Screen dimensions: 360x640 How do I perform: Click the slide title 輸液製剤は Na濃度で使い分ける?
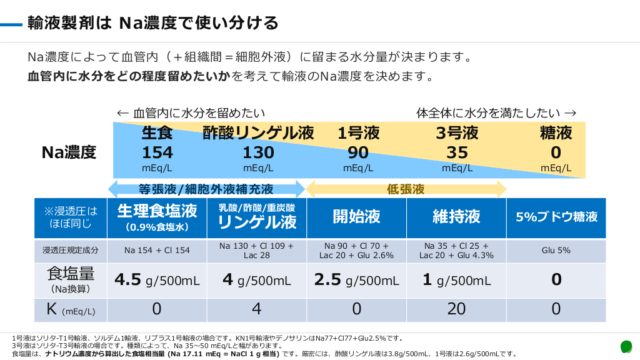click(153, 24)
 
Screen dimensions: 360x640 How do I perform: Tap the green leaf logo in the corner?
click(626, 346)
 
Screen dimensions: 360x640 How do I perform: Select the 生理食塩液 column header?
click(157, 217)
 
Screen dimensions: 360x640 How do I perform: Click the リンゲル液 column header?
click(257, 217)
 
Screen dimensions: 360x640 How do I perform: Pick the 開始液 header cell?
click(356, 217)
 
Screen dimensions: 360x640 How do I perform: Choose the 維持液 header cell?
click(456, 217)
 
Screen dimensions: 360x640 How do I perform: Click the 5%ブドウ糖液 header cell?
click(556, 217)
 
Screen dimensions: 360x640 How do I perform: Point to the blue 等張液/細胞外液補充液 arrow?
click(206, 189)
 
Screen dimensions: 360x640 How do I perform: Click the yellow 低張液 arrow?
click(406, 189)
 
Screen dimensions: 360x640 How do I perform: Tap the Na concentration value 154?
click(157, 152)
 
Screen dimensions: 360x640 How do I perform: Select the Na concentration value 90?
click(358, 152)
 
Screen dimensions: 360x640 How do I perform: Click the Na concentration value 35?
click(457, 152)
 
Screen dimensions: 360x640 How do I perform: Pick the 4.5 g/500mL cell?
click(157, 280)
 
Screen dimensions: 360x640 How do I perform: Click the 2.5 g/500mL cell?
click(356, 280)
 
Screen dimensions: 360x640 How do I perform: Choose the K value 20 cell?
click(456, 309)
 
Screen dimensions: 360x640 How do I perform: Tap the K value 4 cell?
click(257, 309)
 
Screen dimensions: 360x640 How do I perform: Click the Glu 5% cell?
click(556, 250)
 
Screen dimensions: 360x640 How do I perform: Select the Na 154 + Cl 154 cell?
click(157, 250)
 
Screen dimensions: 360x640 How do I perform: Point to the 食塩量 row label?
click(70, 279)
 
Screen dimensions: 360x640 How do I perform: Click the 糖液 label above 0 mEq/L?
click(556, 132)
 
